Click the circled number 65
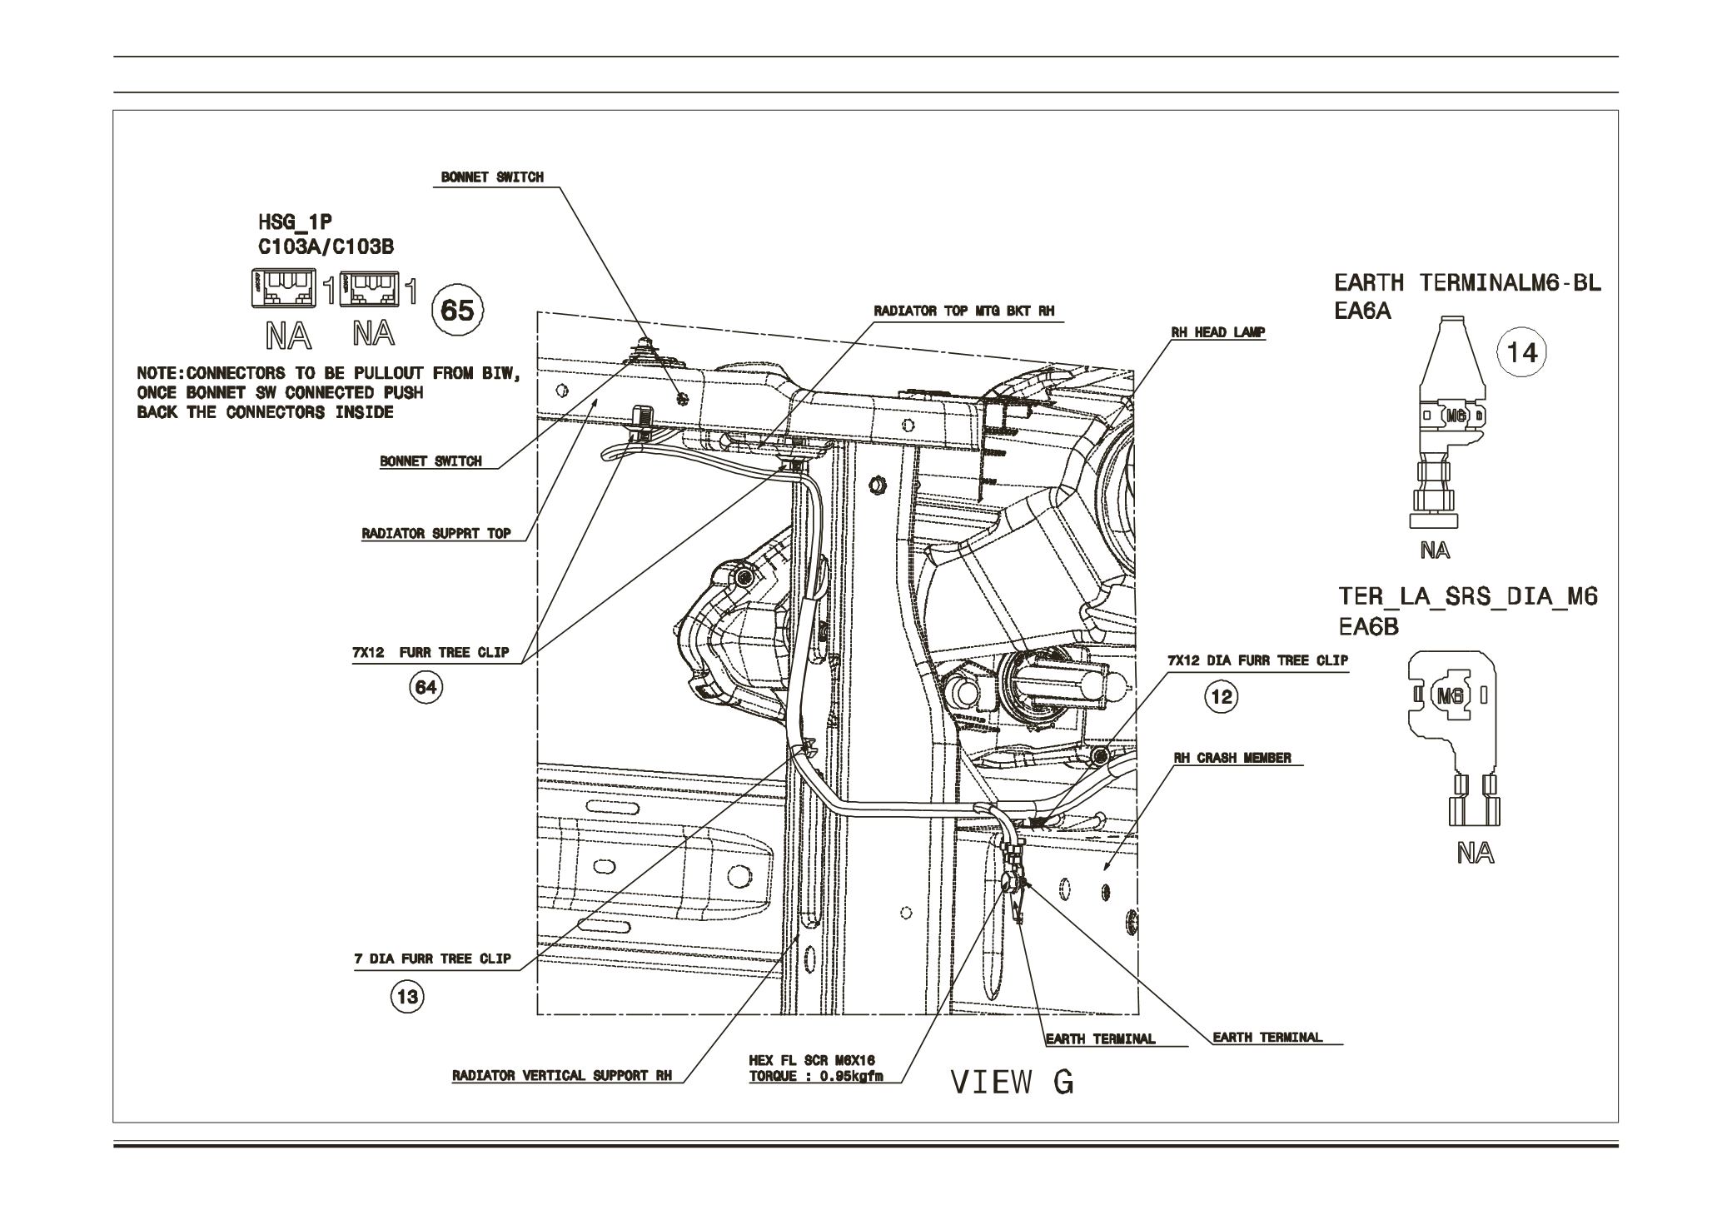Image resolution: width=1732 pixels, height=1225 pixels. (456, 311)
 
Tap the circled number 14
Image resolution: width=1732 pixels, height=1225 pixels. (1521, 353)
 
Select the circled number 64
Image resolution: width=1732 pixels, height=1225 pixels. (426, 687)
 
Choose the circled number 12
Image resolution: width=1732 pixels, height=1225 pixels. (1222, 696)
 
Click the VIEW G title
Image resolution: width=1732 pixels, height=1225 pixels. (1012, 1082)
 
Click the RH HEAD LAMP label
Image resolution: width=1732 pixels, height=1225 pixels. (1217, 332)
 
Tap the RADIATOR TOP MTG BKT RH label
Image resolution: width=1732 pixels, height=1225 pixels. (963, 311)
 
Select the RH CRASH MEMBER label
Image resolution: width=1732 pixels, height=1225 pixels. (1232, 758)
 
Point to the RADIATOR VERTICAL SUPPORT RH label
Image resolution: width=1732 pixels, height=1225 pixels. (561, 1075)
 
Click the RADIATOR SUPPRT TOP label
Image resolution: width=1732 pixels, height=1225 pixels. (435, 533)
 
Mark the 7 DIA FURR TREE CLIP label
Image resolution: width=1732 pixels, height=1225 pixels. (432, 959)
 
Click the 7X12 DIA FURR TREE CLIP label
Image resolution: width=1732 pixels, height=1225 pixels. (1257, 660)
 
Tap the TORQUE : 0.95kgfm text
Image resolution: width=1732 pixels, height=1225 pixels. (815, 1076)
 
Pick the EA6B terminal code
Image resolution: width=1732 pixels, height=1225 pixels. (1368, 625)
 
